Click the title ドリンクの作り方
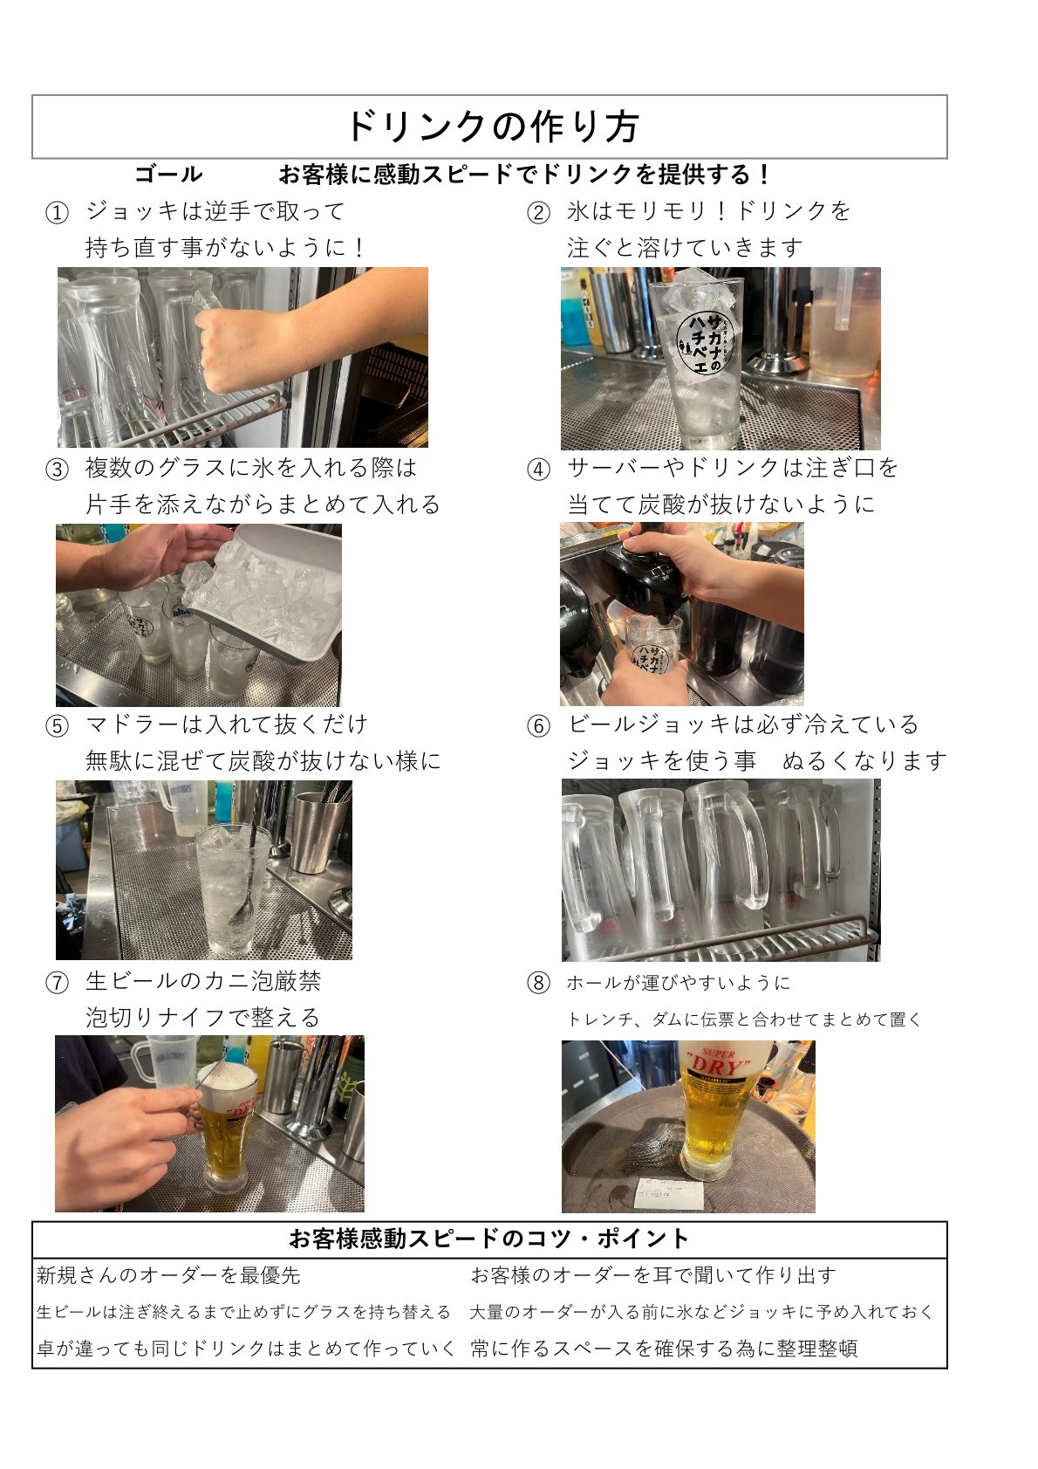[491, 127]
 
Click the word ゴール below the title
[168, 175]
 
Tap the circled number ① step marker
[57, 212]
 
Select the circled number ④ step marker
[539, 470]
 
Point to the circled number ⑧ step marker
[539, 983]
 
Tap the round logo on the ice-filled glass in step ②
[705, 342]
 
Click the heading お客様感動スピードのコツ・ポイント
[488, 1239]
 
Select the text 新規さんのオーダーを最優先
[168, 1275]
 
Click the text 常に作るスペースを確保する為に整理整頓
[664, 1349]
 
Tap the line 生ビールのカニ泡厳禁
[203, 981]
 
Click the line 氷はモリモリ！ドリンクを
[708, 211]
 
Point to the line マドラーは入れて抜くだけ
[226, 724]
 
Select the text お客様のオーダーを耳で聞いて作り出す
[653, 1275]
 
